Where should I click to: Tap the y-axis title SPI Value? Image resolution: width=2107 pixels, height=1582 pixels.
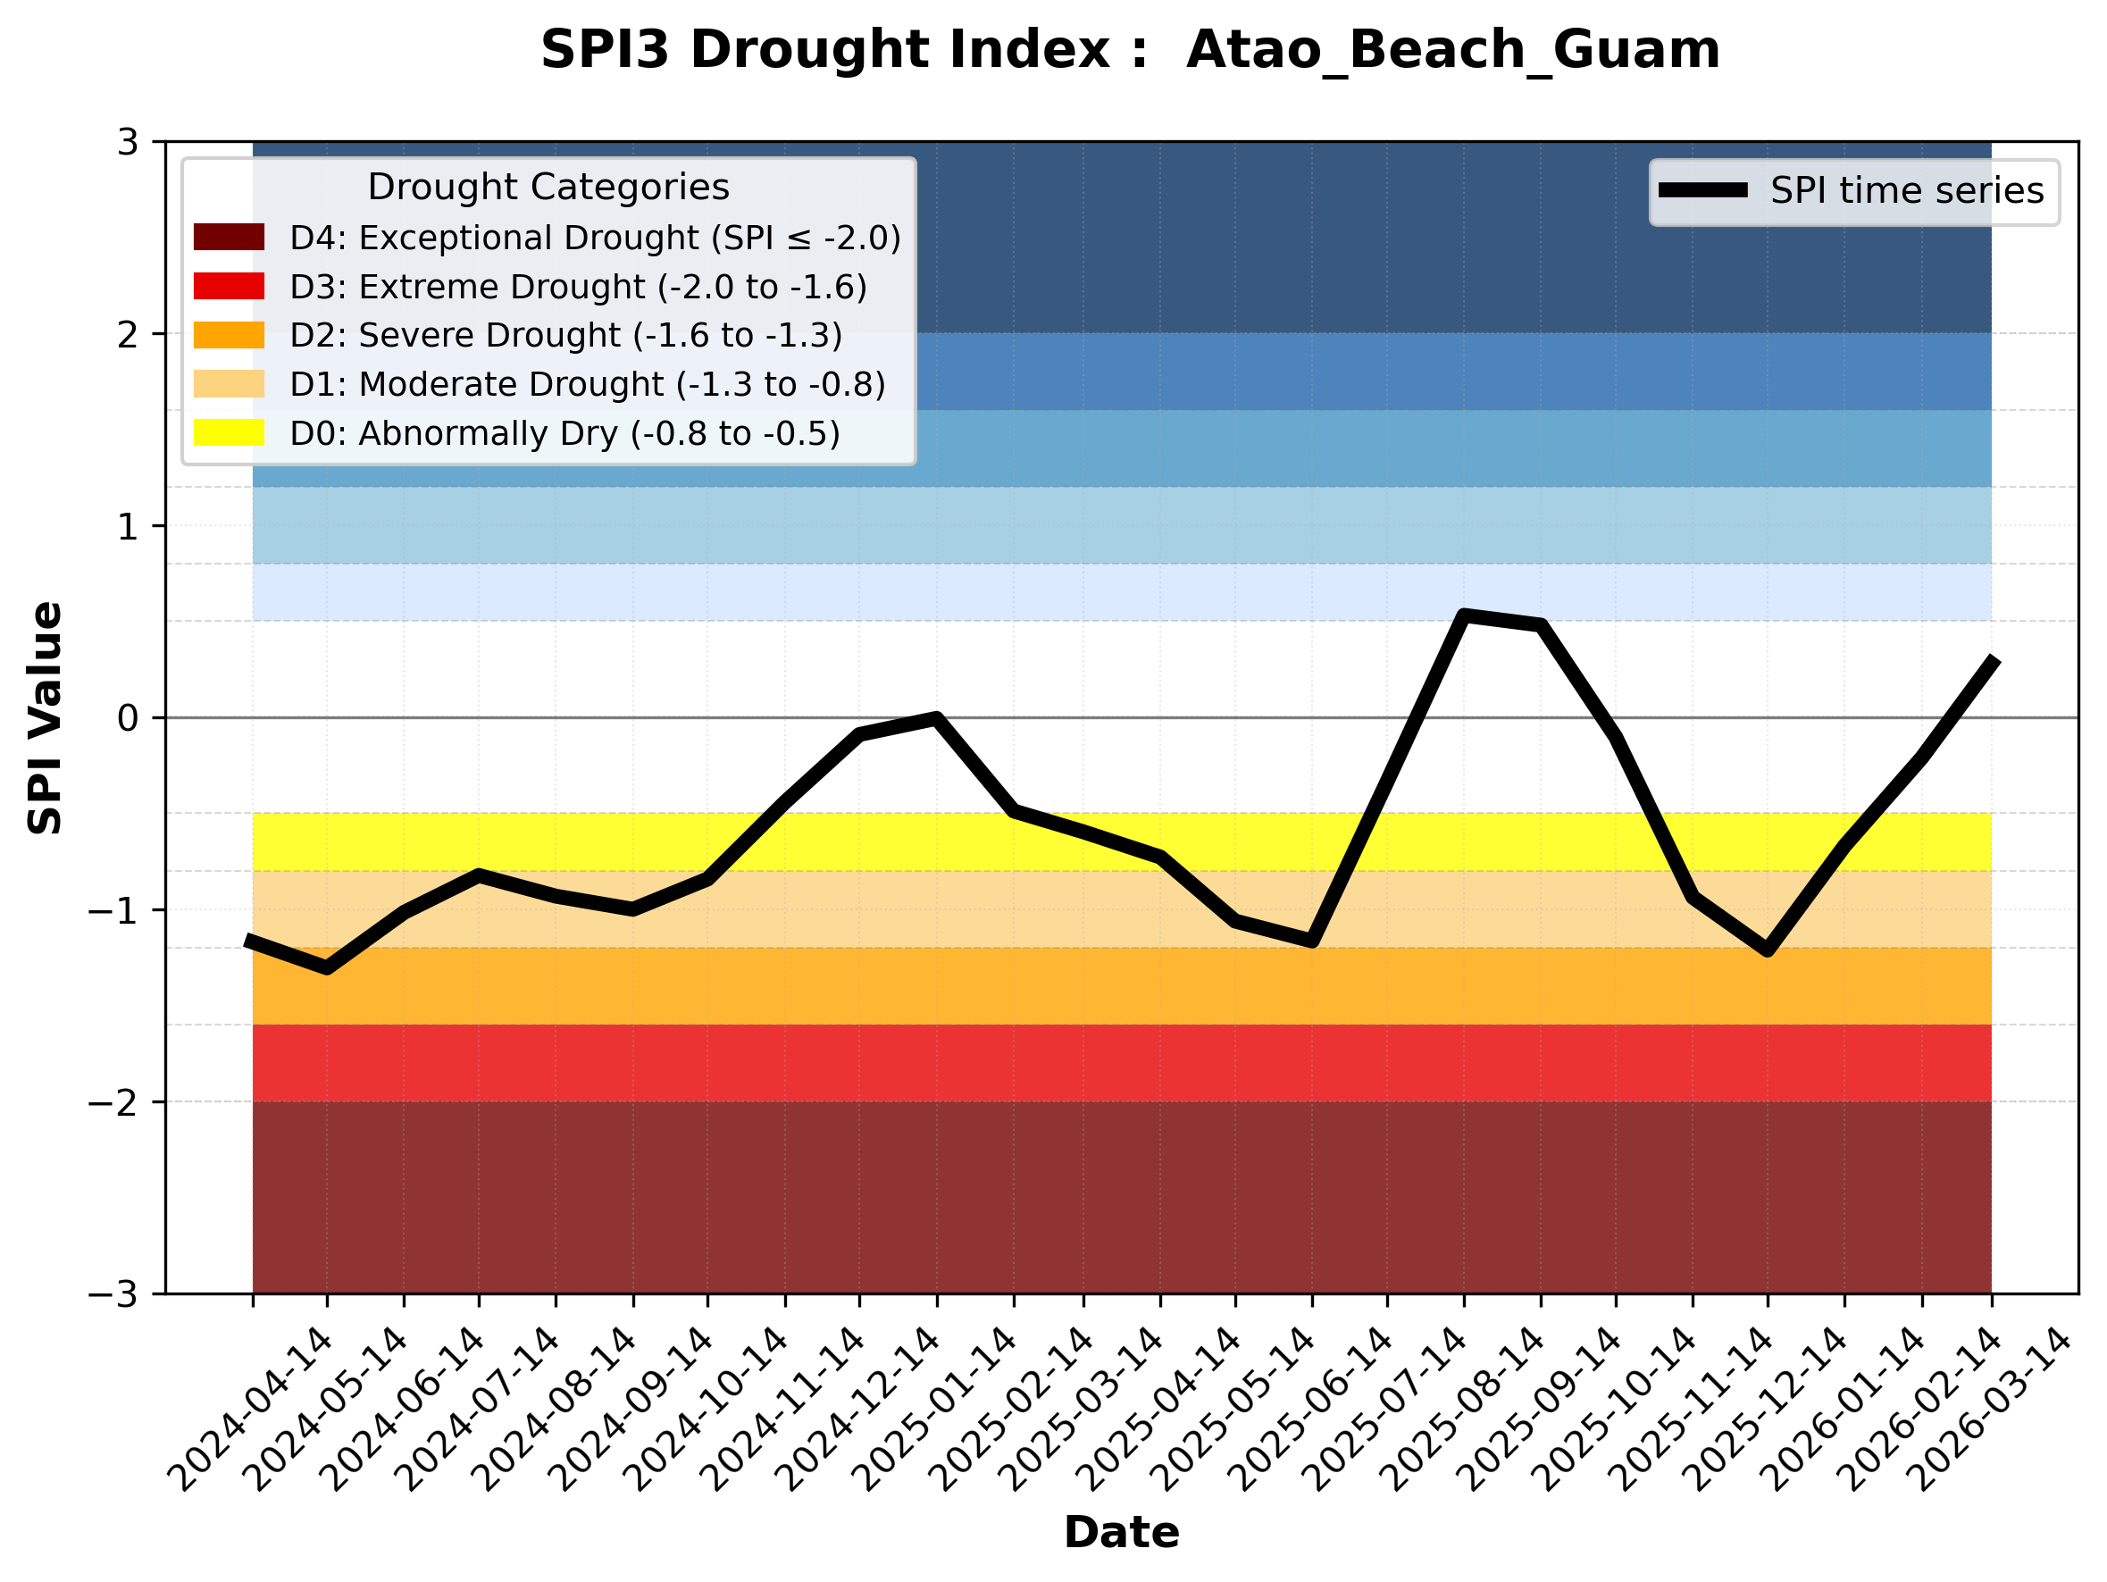pyautogui.click(x=45, y=718)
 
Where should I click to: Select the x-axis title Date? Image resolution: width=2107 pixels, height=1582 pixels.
pyautogui.click(x=1121, y=1533)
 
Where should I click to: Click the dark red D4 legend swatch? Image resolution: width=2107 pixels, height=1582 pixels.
pyautogui.click(x=229, y=237)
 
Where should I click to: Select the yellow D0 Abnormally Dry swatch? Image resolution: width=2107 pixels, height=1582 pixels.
pyautogui.click(x=229, y=432)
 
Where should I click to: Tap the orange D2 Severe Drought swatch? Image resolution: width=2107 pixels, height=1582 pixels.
pyautogui.click(x=229, y=335)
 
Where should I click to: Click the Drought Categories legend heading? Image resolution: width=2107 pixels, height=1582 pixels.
pyautogui.click(x=548, y=188)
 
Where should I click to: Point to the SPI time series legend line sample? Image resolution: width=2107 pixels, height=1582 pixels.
pyautogui.click(x=1703, y=190)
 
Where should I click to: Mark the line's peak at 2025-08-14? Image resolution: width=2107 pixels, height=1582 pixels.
pyautogui.click(x=1464, y=615)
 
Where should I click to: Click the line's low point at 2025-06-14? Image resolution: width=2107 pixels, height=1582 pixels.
pyautogui.click(x=1312, y=941)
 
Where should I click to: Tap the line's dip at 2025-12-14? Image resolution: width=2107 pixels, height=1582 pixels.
pyautogui.click(x=1768, y=950)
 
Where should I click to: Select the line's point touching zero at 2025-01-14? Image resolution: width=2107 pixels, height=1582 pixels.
pyautogui.click(x=936, y=718)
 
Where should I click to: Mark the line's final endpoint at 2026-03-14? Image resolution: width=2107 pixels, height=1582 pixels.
pyautogui.click(x=1992, y=659)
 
